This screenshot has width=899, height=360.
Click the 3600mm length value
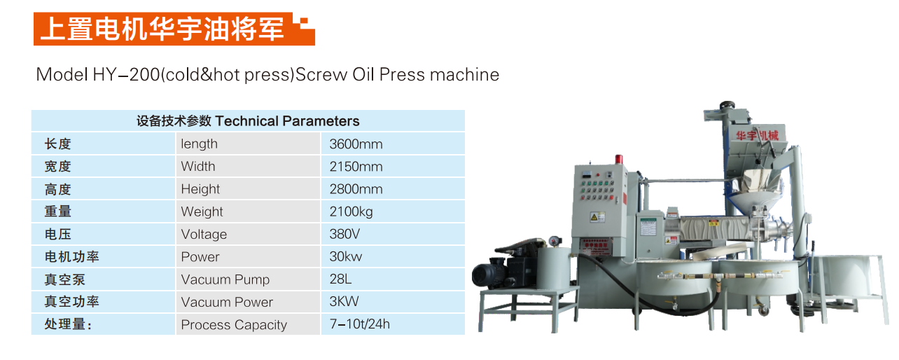point(356,144)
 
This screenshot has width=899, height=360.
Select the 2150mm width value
point(356,167)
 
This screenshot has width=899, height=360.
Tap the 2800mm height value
point(356,189)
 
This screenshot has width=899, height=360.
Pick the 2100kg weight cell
point(351,212)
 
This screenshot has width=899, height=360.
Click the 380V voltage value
point(344,234)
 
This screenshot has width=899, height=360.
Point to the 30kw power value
point(346,256)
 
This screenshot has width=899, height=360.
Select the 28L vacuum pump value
point(340,279)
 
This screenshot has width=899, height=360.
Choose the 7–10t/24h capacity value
point(360,324)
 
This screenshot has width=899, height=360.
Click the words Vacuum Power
point(227,302)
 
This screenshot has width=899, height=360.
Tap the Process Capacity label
point(234,325)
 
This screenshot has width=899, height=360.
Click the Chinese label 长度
point(58,144)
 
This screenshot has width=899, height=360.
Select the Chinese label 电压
point(58,234)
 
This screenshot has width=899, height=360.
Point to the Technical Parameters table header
point(248,120)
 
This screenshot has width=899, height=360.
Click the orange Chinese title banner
point(174,29)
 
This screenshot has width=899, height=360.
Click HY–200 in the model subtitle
point(127,75)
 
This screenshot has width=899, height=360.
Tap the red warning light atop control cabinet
point(619,159)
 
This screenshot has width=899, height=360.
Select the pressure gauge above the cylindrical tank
point(555,241)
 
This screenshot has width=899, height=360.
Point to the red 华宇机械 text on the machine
point(757,136)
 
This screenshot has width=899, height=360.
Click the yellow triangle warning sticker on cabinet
point(594,217)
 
